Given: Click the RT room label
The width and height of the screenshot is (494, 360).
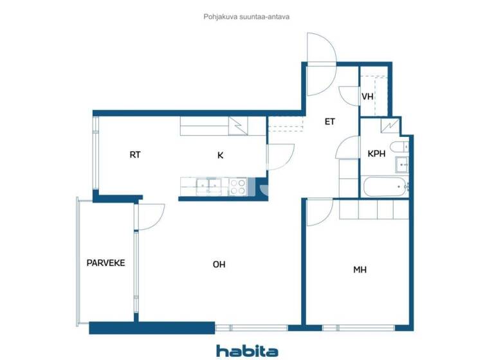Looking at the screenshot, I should [135, 155].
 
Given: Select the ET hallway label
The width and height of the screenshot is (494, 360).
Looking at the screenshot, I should [329, 121].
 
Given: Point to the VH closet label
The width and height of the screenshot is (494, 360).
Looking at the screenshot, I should [367, 97].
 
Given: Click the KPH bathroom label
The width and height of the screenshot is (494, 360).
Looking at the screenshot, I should [376, 155].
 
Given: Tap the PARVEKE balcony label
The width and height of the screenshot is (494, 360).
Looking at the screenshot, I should [105, 262].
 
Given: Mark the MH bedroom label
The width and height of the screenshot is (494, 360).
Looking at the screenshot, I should [360, 270].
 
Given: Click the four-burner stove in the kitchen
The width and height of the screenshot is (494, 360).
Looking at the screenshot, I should [238, 186].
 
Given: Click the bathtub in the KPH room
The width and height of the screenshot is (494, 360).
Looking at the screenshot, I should [385, 188].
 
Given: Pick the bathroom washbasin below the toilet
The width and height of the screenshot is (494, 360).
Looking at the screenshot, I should [401, 165].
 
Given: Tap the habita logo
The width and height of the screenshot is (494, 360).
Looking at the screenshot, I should [247, 350].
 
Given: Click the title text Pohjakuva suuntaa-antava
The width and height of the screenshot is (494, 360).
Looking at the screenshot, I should [246, 17].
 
